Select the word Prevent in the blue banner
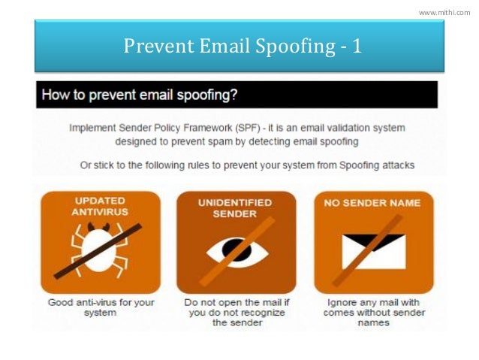(154, 47)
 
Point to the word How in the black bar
(56, 95)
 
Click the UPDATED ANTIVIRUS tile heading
(100, 207)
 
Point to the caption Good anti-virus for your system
(99, 307)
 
